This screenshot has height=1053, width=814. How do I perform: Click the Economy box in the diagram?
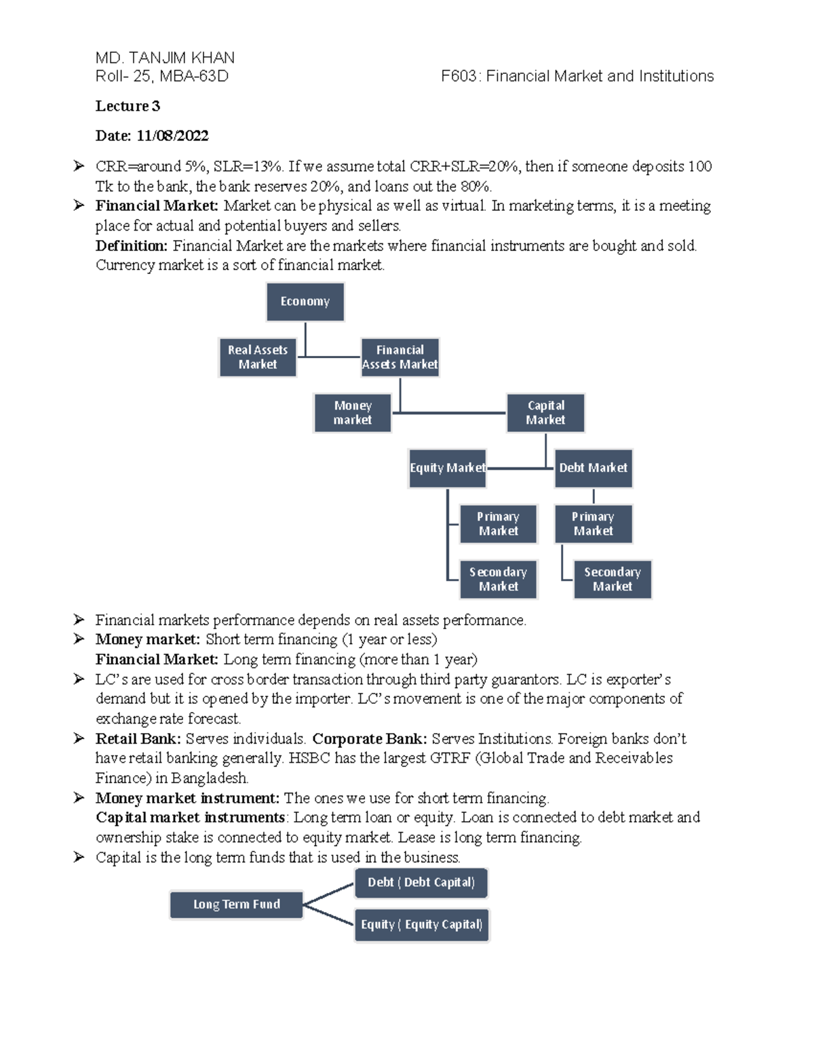coord(305,302)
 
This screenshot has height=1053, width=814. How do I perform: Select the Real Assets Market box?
coord(258,357)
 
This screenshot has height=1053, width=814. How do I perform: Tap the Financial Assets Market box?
coord(400,357)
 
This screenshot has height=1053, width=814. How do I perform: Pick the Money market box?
coord(353,413)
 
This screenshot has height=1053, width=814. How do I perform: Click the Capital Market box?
coord(545,413)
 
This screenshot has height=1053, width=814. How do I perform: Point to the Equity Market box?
coord(447,468)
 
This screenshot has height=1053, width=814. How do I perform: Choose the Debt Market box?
coord(593,468)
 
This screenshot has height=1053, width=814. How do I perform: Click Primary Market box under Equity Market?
coord(498,523)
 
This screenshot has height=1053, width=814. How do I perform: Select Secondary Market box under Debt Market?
coord(612,579)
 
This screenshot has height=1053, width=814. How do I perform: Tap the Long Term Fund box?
coord(236,905)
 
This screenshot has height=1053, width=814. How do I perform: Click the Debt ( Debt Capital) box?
coord(421,883)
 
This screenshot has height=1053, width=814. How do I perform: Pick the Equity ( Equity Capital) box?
coord(421,925)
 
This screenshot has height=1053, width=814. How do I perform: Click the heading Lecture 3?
coord(128,106)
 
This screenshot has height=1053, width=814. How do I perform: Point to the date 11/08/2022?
coord(172,136)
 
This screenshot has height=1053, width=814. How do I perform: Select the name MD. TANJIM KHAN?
coord(165,58)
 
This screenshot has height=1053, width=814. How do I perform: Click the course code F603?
coord(459,76)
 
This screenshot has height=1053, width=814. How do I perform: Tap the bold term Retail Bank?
coord(138,738)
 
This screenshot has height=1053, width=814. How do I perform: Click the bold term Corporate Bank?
coord(369,738)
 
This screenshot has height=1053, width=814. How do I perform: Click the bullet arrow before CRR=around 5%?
coord(79,166)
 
